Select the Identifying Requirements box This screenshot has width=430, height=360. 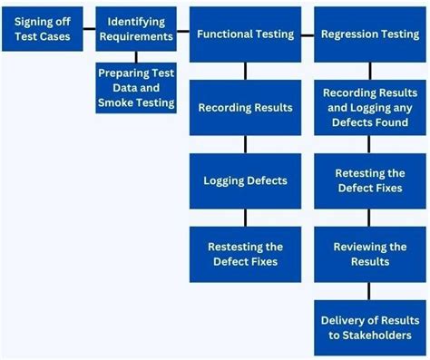click(135, 29)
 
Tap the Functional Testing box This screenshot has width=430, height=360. click(245, 34)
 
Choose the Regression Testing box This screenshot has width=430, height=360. click(369, 34)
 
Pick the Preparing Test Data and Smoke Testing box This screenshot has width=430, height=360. click(136, 88)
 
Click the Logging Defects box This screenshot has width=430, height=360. click(245, 180)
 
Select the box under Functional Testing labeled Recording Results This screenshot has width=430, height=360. click(245, 108)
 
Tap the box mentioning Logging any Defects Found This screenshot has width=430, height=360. click(369, 108)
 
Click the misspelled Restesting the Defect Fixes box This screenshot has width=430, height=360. click(245, 254)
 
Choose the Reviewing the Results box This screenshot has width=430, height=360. click(369, 254)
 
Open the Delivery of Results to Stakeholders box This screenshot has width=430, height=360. click(369, 326)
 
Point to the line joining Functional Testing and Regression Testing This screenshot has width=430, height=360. click(307, 35)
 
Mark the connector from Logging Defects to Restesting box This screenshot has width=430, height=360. click(245, 217)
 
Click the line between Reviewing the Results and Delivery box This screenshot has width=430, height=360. click(369, 290)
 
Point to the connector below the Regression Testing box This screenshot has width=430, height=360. click(369, 71)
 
